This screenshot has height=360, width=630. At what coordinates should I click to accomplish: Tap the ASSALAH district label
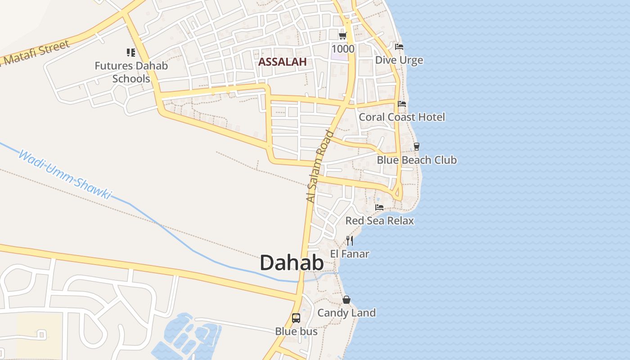click(283, 62)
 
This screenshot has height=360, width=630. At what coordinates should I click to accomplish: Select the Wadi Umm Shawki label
click(64, 175)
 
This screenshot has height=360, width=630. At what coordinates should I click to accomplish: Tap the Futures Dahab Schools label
click(131, 72)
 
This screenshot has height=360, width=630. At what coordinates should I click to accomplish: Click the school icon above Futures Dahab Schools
click(131, 53)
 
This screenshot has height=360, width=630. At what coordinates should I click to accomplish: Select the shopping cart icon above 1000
click(343, 36)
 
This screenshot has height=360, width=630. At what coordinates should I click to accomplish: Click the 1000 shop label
click(343, 49)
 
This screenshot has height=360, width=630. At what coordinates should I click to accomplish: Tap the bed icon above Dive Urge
click(399, 47)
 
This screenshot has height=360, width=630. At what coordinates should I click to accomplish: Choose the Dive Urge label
click(399, 60)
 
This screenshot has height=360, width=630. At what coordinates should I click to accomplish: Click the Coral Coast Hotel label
click(402, 117)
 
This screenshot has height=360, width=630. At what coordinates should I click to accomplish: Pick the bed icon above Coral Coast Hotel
click(402, 103)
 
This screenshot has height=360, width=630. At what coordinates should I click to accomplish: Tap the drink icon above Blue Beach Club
click(416, 146)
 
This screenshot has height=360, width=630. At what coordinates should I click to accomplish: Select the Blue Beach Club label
click(417, 160)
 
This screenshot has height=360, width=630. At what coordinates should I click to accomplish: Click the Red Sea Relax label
click(379, 220)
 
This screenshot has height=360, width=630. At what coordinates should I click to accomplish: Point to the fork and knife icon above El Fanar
click(350, 241)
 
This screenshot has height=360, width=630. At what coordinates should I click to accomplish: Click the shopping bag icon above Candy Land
click(346, 300)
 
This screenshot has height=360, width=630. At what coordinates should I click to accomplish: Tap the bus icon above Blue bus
click(296, 318)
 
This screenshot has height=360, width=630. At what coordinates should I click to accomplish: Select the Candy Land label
click(346, 313)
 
